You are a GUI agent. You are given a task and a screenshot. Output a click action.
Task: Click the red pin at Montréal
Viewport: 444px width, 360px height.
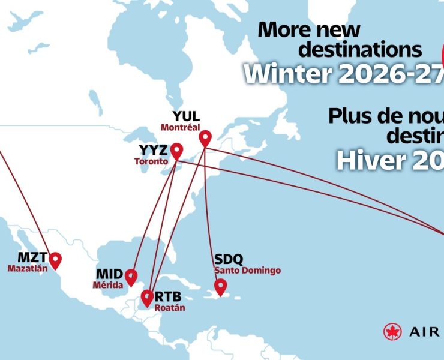pyautogui.click(x=205, y=138)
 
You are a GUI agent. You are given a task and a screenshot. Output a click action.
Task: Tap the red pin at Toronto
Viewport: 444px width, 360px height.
pyautogui.click(x=176, y=150)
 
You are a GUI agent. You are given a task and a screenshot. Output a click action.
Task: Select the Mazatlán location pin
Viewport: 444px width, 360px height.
pyautogui.click(x=55, y=259)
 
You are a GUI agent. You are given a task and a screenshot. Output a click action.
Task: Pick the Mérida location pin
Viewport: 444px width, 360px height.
pyautogui.click(x=131, y=277)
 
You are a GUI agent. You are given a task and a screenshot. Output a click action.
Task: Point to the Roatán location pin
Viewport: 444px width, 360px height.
pyautogui.click(x=147, y=296)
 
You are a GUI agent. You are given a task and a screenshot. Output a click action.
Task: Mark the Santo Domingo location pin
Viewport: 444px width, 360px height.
pyautogui.click(x=221, y=286)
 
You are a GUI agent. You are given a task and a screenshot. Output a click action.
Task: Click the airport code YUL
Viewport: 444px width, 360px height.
pyautogui.click(x=186, y=116)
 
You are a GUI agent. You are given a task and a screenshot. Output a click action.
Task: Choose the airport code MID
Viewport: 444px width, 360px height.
pyautogui.click(x=109, y=274)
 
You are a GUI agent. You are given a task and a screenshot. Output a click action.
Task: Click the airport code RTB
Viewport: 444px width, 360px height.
pyautogui.click(x=168, y=296)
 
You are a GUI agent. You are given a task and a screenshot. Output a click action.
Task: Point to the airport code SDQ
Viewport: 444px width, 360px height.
pyautogui.click(x=229, y=259)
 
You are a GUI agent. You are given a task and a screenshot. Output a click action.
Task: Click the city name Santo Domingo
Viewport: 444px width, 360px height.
pyautogui.click(x=247, y=270)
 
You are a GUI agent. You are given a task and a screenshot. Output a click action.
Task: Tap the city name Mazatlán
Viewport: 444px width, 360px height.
pyautogui.click(x=27, y=269)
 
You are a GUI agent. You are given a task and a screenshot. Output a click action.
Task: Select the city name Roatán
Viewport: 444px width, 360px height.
pyautogui.click(x=170, y=308)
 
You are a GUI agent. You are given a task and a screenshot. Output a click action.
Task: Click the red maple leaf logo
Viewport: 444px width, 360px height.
pyautogui.click(x=392, y=331)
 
